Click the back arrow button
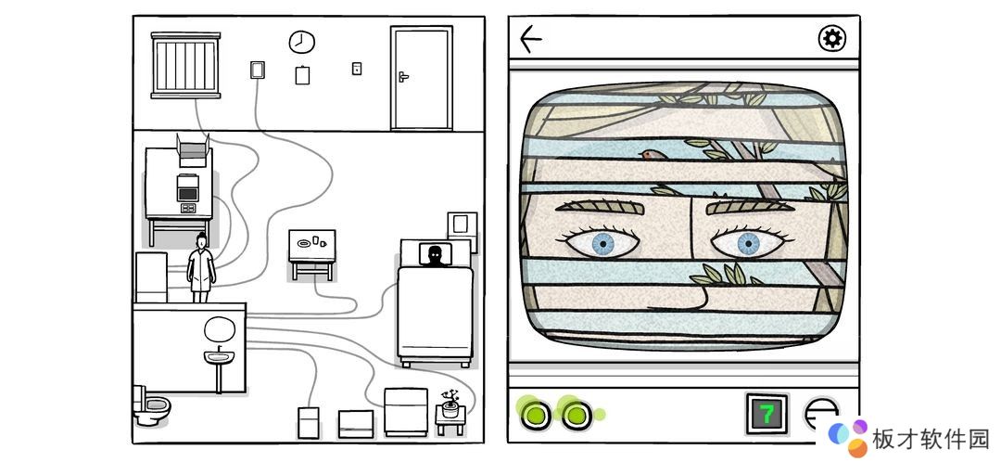click(x=530, y=39)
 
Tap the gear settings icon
click(x=831, y=39)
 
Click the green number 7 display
click(x=767, y=414)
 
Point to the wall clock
click(x=301, y=42)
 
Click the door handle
click(x=403, y=77)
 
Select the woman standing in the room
click(x=201, y=268)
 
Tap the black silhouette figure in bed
click(x=435, y=255)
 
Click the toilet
click(x=151, y=405)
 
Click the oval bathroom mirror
click(x=220, y=329)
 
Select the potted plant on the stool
click(x=450, y=404)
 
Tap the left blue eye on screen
click(x=602, y=242)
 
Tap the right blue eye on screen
click(x=749, y=242)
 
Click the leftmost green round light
click(x=535, y=415)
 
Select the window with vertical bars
click(x=185, y=65)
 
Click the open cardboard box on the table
click(x=194, y=151)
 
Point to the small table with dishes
click(x=312, y=254)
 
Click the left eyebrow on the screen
click(x=599, y=206)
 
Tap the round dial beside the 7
click(x=821, y=414)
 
